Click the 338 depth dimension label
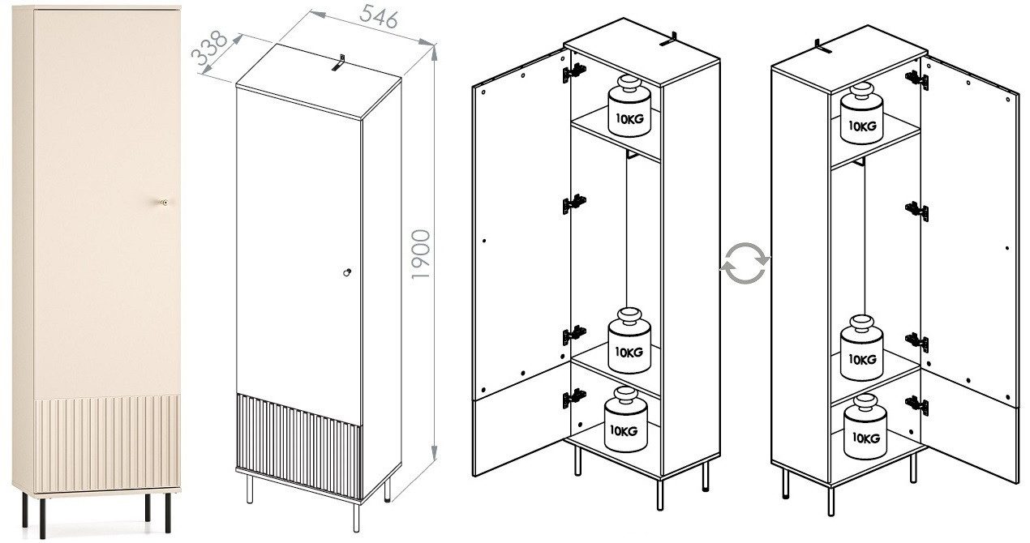[x=208, y=54]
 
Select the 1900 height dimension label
[x=420, y=254]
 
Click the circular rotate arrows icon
[x=745, y=264]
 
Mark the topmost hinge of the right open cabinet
[x=916, y=79]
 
